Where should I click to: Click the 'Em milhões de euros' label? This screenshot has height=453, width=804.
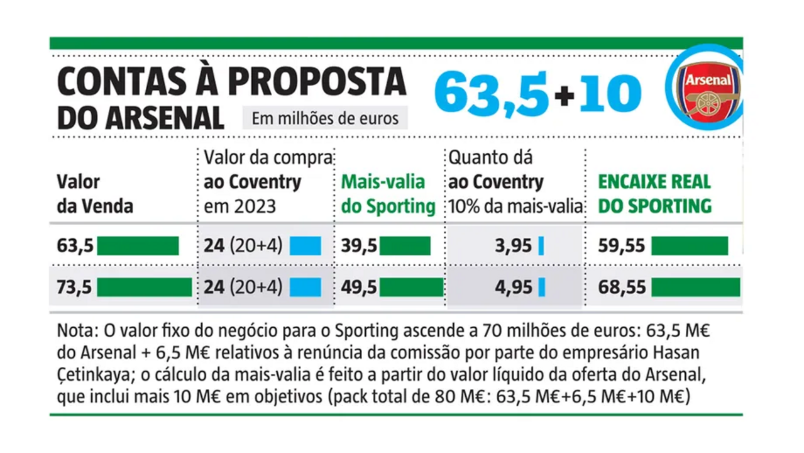click(x=325, y=118)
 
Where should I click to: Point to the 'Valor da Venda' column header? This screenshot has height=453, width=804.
click(x=94, y=194)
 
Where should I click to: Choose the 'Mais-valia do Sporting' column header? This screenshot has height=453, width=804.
click(x=388, y=194)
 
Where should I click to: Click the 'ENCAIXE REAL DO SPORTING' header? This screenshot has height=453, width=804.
click(x=654, y=194)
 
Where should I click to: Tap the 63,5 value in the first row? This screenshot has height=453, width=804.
click(x=75, y=246)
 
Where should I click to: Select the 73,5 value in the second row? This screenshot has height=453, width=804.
click(x=75, y=287)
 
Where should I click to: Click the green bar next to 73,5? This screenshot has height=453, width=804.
click(x=144, y=287)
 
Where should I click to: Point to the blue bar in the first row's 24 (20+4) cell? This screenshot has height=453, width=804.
click(x=306, y=246)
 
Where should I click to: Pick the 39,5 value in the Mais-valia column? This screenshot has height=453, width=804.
click(x=359, y=246)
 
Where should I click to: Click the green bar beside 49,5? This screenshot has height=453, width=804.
click(x=411, y=287)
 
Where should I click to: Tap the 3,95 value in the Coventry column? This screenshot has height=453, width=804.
click(x=513, y=246)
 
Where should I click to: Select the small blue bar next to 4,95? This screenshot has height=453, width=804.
click(x=541, y=287)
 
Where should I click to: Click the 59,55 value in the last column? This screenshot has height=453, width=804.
click(x=622, y=246)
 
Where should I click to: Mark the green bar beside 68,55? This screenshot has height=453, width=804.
click(x=695, y=287)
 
